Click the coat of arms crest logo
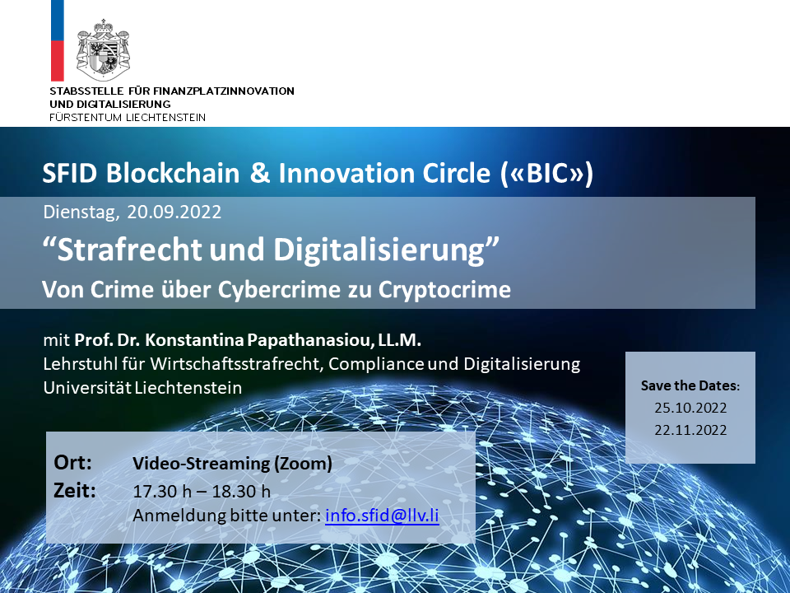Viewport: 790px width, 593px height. click(x=103, y=49)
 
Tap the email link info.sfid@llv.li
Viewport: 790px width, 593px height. click(x=382, y=516)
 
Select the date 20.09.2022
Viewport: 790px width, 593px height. click(x=174, y=212)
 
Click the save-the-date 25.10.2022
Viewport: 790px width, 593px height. click(x=690, y=408)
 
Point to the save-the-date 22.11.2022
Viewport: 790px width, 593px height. click(x=690, y=430)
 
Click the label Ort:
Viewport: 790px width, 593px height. click(x=72, y=462)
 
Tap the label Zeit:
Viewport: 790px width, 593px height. click(x=75, y=490)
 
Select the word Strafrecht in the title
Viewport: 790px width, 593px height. click(x=129, y=249)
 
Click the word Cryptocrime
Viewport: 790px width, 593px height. click(x=444, y=289)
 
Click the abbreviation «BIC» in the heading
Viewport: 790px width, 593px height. click(x=547, y=173)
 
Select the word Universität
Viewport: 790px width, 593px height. click(x=86, y=388)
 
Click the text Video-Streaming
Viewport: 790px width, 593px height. click(x=201, y=463)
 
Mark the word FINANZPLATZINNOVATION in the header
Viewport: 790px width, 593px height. click(x=223, y=91)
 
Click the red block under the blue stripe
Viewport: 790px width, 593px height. click(x=58, y=60)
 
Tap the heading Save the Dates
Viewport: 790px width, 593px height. click(x=690, y=385)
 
